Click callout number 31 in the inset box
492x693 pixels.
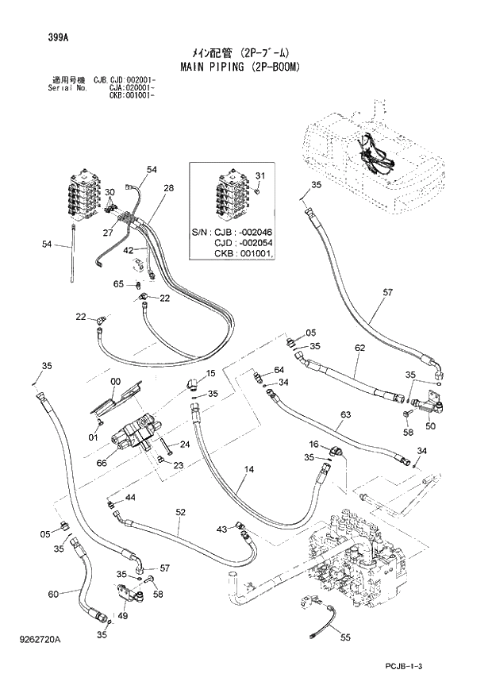pyautogui.click(x=259, y=175)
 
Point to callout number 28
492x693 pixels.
pyautogui.click(x=168, y=188)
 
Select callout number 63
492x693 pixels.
pyautogui.click(x=345, y=414)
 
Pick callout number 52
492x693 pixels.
pyautogui.click(x=181, y=512)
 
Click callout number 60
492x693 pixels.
pyautogui.click(x=53, y=594)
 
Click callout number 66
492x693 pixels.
pyautogui.click(x=102, y=463)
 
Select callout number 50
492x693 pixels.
pyautogui.click(x=432, y=426)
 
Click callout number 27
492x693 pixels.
pyautogui.click(x=107, y=233)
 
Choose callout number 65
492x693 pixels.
pyautogui.click(x=118, y=283)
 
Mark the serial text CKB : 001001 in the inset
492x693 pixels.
pyautogui.click(x=244, y=253)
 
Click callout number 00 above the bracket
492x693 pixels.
pyautogui.click(x=116, y=381)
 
